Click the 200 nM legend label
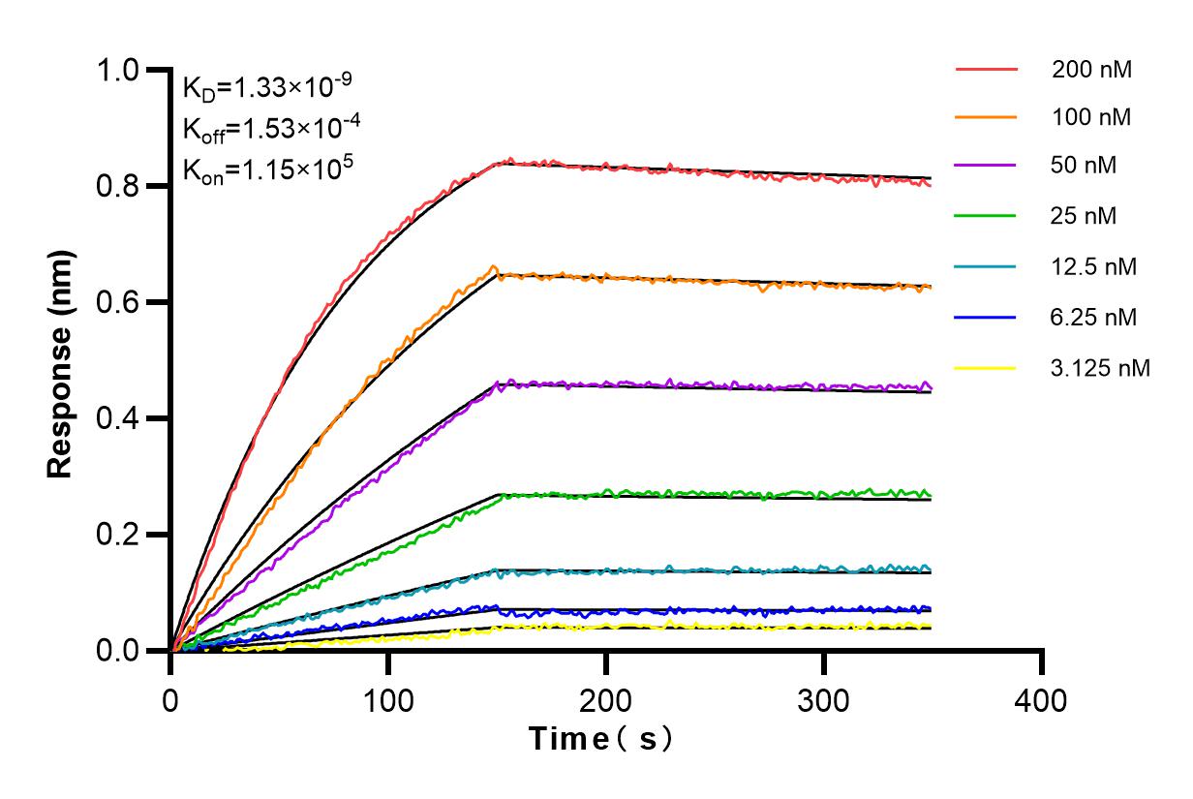click(1091, 70)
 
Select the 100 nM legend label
click(1091, 117)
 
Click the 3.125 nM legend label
click(1100, 368)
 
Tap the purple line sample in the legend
click(986, 165)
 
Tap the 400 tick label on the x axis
click(1042, 699)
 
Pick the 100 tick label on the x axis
click(388, 699)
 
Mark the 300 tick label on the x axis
click(824, 699)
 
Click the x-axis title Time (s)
click(600, 740)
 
